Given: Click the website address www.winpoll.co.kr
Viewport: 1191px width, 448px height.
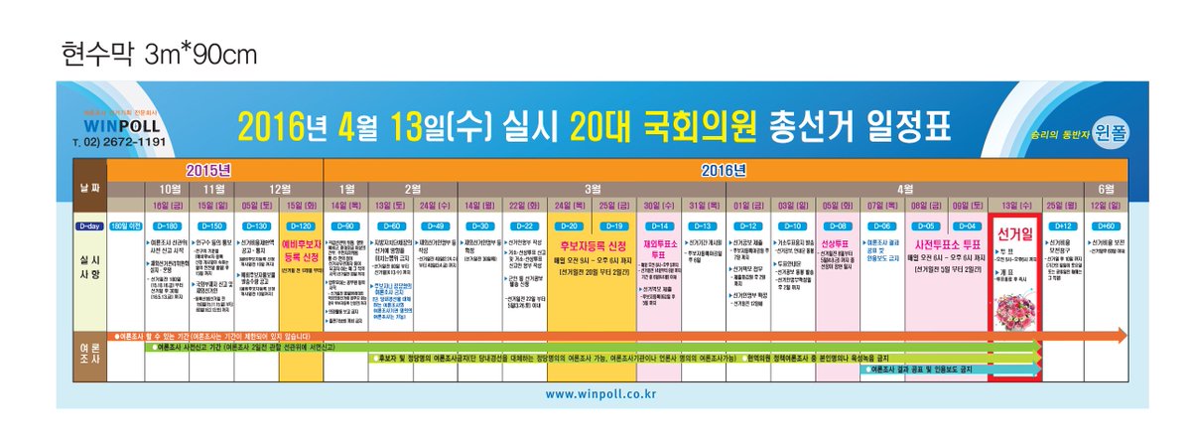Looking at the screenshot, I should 600,394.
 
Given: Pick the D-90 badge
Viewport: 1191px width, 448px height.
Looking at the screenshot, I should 347,226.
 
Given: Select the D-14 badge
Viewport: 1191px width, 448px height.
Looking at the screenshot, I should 661,226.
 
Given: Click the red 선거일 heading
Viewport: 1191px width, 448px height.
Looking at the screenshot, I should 1013,242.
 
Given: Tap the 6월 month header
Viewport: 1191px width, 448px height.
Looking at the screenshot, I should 1106,188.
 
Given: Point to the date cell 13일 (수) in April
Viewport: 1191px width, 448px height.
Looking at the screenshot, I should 1013,206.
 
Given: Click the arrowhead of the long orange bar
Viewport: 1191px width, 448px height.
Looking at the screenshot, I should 1119,334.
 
